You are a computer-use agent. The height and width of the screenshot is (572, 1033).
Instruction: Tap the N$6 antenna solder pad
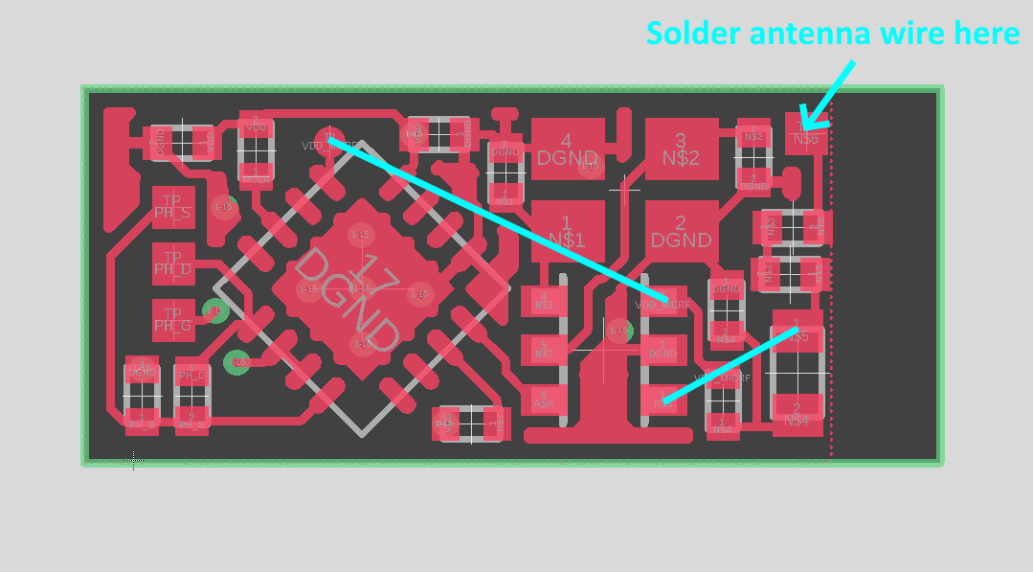point(806,130)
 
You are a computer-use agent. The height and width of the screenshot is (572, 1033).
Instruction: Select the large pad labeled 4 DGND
point(567,149)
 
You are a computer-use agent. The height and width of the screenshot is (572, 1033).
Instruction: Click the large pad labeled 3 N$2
point(681,149)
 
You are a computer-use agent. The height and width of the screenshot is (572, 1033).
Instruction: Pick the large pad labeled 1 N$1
point(567,231)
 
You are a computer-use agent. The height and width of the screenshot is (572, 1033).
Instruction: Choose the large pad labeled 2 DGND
point(681,231)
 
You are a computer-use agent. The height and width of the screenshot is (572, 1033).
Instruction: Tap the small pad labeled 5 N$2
point(544,351)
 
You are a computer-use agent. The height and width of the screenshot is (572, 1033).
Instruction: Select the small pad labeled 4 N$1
point(544,302)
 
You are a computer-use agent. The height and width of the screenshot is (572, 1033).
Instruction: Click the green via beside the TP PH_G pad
point(216,310)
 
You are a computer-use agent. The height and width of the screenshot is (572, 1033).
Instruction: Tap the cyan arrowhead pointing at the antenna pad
point(810,119)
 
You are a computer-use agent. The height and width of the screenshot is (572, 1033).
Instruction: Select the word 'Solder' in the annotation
point(694,33)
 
